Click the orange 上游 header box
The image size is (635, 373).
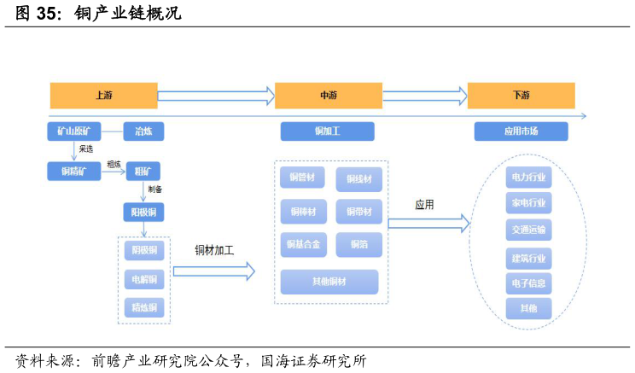coord(103,96)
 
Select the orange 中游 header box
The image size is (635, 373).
coord(328,96)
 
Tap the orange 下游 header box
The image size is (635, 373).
coord(521,96)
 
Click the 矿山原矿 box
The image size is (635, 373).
coord(73,131)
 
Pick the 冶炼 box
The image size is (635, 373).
coord(143,131)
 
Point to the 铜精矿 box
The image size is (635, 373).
coord(73,172)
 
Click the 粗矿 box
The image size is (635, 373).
coord(143,172)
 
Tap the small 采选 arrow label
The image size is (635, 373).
coord(85,149)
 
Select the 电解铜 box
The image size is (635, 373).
coord(143,279)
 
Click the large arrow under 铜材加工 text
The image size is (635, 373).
coord(213,271)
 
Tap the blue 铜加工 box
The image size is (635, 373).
coord(328,131)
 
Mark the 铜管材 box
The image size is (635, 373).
coord(302,178)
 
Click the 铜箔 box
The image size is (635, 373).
coord(358,245)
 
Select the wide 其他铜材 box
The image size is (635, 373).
coord(329,282)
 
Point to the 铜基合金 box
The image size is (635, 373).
coord(302,245)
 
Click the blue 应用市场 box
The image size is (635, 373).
coord(521,131)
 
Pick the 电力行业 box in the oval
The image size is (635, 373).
coord(528,178)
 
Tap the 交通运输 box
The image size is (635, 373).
coord(528,230)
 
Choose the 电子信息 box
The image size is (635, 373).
coord(528,283)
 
